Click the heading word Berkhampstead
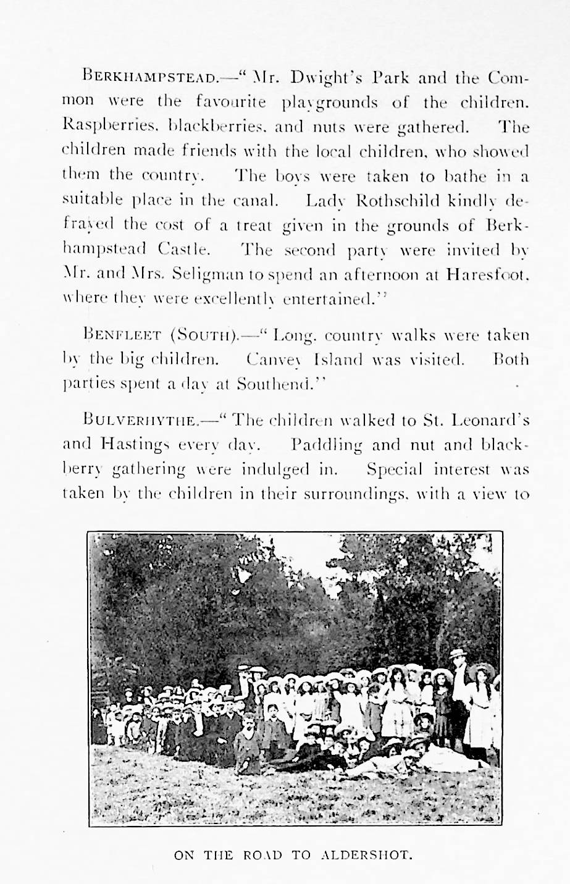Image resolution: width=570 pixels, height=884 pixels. click(149, 78)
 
